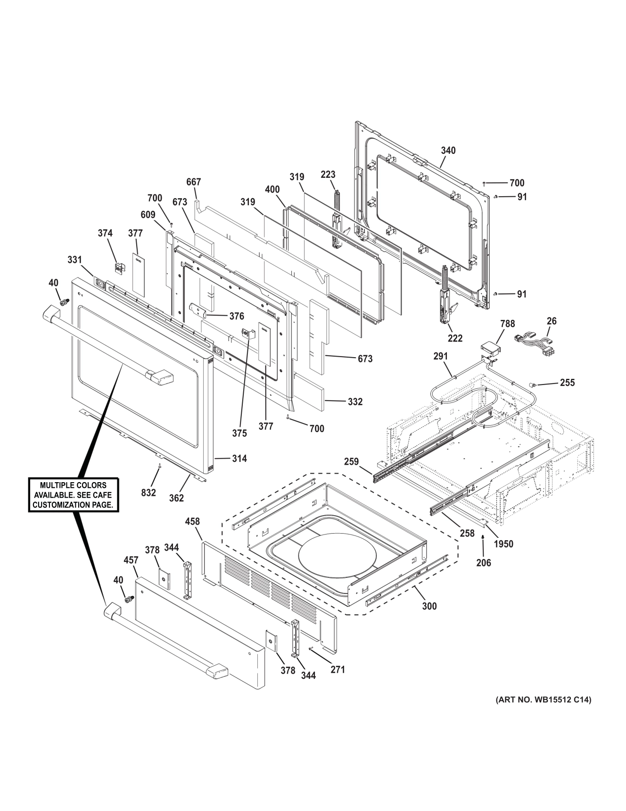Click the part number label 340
tap(448, 150)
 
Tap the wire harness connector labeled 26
tap(536, 341)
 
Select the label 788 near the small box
tap(507, 324)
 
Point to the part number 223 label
tap(328, 175)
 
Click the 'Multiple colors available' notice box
tap(73, 494)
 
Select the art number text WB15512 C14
tap(543, 700)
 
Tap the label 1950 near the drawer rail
tap(503, 544)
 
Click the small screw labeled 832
tap(160, 466)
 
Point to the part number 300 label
tap(429, 606)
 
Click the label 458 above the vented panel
tap(192, 521)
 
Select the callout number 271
tap(338, 669)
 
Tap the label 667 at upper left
tap(193, 182)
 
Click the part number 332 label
tap(355, 401)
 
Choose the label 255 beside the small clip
tap(567, 383)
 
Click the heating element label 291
tap(440, 356)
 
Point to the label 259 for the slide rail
tap(351, 461)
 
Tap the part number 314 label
tap(239, 458)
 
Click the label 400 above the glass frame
tap(272, 189)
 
